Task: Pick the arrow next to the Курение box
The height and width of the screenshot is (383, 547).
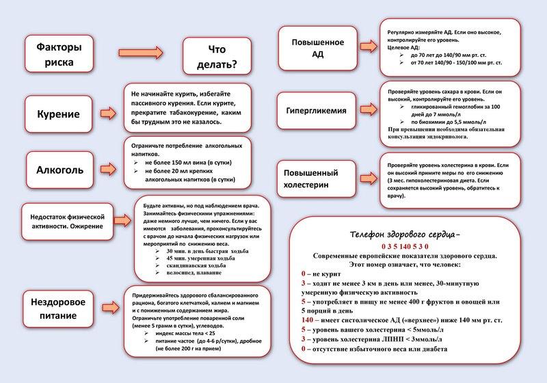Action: pos(108,111)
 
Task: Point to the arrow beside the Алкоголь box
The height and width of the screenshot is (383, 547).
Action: pos(108,167)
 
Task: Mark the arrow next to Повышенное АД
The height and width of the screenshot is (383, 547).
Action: pos(370,48)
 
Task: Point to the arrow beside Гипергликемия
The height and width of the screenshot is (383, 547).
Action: pos(370,110)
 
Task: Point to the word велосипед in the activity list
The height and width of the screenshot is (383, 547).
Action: pos(175,273)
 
